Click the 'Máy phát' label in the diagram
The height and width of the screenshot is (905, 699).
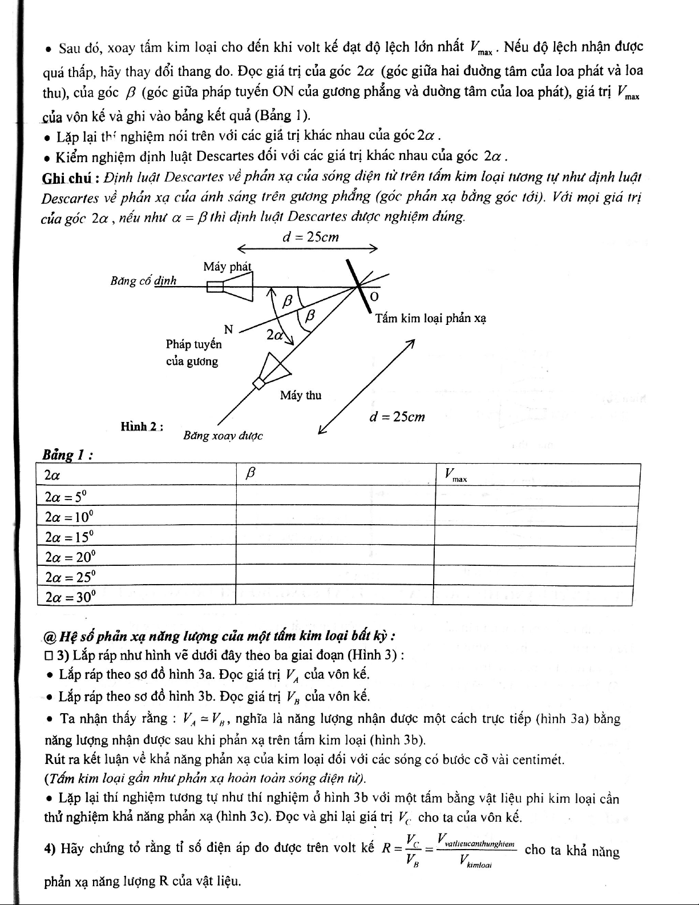(227, 267)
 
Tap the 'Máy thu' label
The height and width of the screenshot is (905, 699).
(300, 395)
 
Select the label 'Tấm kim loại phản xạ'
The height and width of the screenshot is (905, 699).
(430, 318)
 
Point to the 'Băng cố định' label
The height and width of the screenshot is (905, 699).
(143, 281)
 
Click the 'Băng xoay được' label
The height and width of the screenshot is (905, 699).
(223, 436)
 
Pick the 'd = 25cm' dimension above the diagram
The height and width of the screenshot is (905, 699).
(310, 238)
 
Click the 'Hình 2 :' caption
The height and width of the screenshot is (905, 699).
(143, 427)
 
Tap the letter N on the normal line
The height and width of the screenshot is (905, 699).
(228, 329)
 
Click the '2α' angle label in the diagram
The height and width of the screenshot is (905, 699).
(275, 335)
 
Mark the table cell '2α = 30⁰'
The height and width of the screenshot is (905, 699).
(70, 597)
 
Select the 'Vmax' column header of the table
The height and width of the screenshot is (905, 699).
(455, 475)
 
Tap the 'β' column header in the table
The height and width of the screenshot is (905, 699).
(249, 474)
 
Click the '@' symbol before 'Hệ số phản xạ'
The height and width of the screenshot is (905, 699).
(50, 636)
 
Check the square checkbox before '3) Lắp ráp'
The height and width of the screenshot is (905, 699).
(49, 654)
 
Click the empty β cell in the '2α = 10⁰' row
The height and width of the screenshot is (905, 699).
(336, 517)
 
